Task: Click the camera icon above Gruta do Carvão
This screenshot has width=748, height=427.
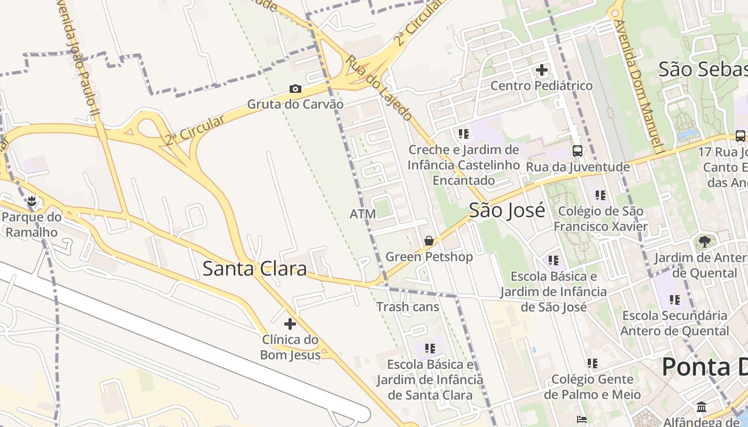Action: (295, 89)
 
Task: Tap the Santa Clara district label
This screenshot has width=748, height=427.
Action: (254, 268)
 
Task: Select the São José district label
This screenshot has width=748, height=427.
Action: (507, 210)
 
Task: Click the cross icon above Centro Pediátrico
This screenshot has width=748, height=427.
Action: (542, 70)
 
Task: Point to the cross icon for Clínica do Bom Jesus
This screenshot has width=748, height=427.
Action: (290, 323)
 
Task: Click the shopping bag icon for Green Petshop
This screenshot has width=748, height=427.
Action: (428, 241)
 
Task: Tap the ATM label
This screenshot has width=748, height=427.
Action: (363, 214)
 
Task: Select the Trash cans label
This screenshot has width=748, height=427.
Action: (408, 307)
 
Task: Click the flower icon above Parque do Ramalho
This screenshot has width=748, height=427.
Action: (32, 201)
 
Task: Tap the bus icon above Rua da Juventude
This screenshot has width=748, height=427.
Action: (578, 151)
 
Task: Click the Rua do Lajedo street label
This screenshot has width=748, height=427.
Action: (379, 88)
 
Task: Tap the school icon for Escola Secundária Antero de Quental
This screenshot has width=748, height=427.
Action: (675, 299)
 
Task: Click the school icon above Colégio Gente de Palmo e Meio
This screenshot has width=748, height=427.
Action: (592, 363)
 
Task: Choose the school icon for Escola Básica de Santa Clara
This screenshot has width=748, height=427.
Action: (430, 349)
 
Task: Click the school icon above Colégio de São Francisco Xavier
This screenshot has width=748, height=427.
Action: (600, 195)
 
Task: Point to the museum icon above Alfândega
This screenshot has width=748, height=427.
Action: (702, 407)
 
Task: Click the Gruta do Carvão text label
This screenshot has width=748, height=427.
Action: (295, 104)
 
